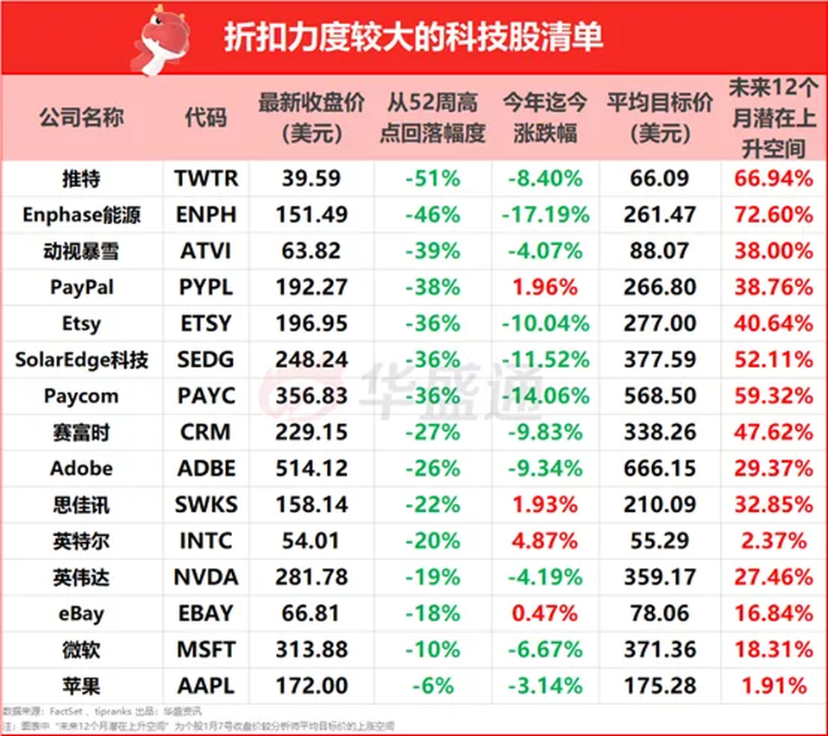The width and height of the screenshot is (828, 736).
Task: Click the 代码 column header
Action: (x=205, y=118)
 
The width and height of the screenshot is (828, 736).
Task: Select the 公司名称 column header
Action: (x=81, y=118)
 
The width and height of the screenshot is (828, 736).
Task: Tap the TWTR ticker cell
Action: (x=205, y=178)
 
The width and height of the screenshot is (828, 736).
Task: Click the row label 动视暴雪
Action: (x=81, y=251)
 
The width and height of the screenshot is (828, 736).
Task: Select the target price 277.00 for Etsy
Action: (x=660, y=323)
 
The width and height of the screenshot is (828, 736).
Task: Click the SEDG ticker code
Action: (x=205, y=359)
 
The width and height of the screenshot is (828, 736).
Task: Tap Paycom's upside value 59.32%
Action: (x=774, y=396)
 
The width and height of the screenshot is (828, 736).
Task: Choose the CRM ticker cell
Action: (x=205, y=433)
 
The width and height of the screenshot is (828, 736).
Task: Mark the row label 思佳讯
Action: (x=81, y=505)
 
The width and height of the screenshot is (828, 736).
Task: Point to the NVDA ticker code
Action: (x=205, y=577)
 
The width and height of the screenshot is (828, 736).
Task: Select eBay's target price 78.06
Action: (x=660, y=614)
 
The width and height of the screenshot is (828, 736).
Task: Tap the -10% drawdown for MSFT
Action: (x=432, y=650)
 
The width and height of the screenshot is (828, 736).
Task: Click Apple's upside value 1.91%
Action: (x=774, y=686)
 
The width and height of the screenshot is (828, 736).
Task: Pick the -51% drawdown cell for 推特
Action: (x=432, y=178)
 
